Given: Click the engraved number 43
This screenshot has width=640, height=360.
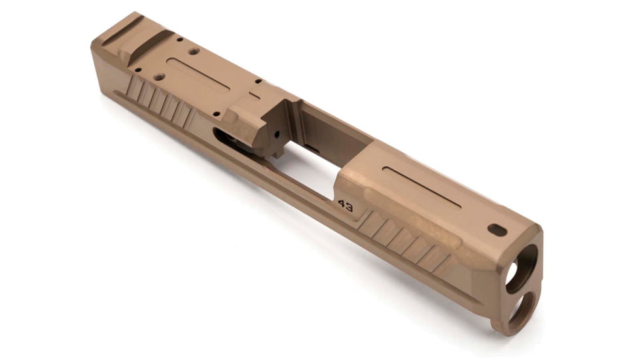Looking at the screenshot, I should (x=346, y=207).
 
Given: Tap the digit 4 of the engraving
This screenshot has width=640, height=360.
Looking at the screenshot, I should (x=342, y=205).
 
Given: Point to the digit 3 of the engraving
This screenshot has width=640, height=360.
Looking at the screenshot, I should (x=350, y=209).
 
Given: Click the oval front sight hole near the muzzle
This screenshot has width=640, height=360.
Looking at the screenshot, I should (x=497, y=230).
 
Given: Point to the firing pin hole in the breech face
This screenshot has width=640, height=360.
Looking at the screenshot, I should (x=277, y=134).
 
